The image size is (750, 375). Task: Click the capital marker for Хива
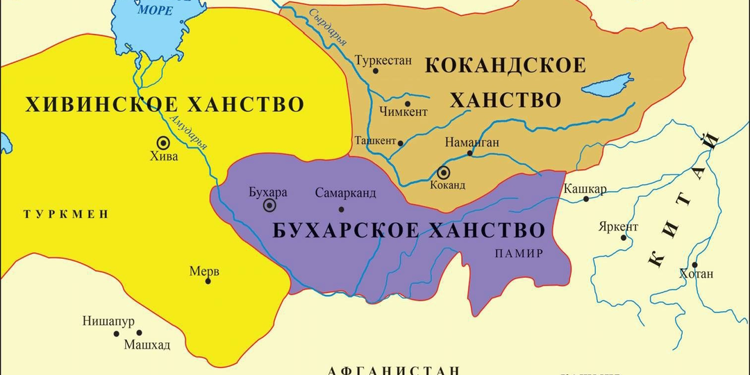pyautogui.click(x=164, y=142)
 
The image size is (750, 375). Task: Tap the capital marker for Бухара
pyautogui.click(x=269, y=205)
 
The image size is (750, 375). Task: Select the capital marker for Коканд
pyautogui.click(x=443, y=173)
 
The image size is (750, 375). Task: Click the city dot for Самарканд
pyautogui.click(x=341, y=209)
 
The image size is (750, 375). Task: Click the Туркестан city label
pyautogui.click(x=383, y=60)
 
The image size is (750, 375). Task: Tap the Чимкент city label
pyautogui.click(x=403, y=111)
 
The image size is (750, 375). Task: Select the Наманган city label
pyautogui.click(x=472, y=142)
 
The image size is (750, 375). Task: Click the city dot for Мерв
pyautogui.click(x=208, y=281)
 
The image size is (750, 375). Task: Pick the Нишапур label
pyautogui.click(x=108, y=321)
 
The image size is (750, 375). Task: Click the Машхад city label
pyautogui.click(x=147, y=344)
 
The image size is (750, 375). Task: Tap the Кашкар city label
pyautogui.click(x=585, y=189)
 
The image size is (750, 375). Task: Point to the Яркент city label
pyautogui.click(x=617, y=227)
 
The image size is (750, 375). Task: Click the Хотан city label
pyautogui.click(x=697, y=274)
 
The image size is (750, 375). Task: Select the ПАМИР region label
pyautogui.click(x=519, y=253)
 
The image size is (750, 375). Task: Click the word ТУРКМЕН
pyautogui.click(x=66, y=214)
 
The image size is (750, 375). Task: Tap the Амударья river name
pyautogui.click(x=187, y=132)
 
